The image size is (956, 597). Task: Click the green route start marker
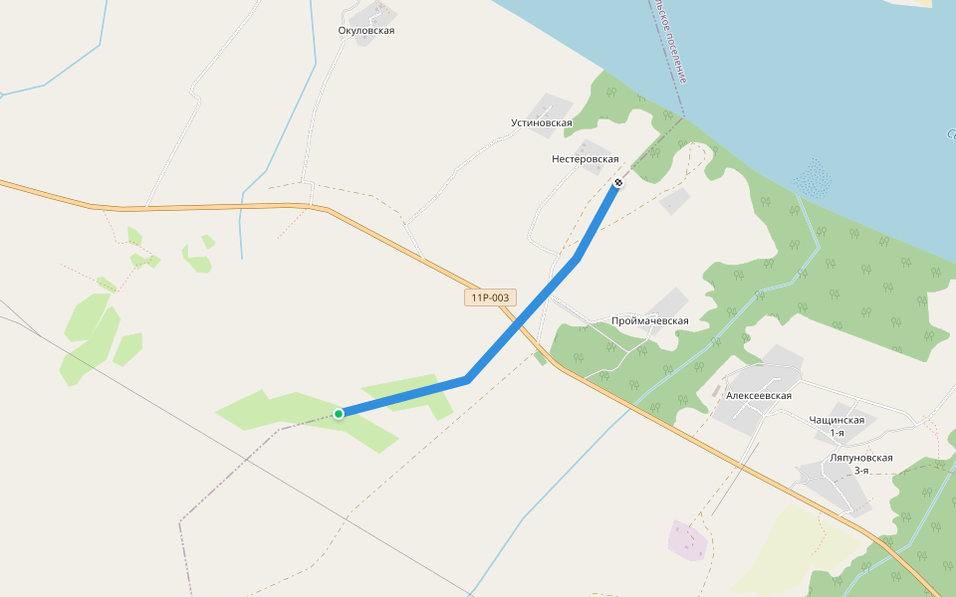tap(339, 414)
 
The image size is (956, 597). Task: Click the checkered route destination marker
tap(619, 182)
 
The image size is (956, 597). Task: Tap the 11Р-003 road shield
tap(490, 297)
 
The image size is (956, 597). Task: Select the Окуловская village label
tap(366, 31)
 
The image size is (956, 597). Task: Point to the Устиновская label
tap(542, 123)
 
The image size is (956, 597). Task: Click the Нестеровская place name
tap(586, 159)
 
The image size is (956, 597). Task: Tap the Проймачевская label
tap(650, 320)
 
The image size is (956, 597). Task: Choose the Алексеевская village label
tap(759, 395)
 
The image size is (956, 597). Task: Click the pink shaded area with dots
tap(688, 540)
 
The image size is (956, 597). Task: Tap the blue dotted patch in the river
tap(814, 179)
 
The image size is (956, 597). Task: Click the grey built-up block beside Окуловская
tap(375, 13)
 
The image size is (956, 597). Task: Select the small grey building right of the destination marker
tap(674, 201)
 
